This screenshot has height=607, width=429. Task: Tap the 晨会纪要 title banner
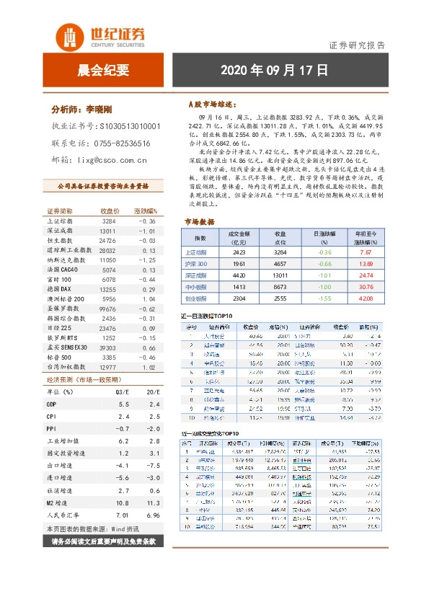tap(103, 71)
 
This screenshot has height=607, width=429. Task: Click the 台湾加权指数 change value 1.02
tap(148, 366)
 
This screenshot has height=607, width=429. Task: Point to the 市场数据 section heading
tap(199, 222)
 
